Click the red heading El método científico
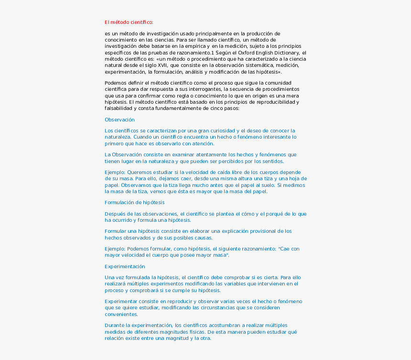129,22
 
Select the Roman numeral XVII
161,65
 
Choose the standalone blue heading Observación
119,120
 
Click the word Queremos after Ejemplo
142,172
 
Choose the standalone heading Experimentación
125,266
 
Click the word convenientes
121,314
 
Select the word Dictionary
285,53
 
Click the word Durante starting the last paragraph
115,325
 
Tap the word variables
224,284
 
